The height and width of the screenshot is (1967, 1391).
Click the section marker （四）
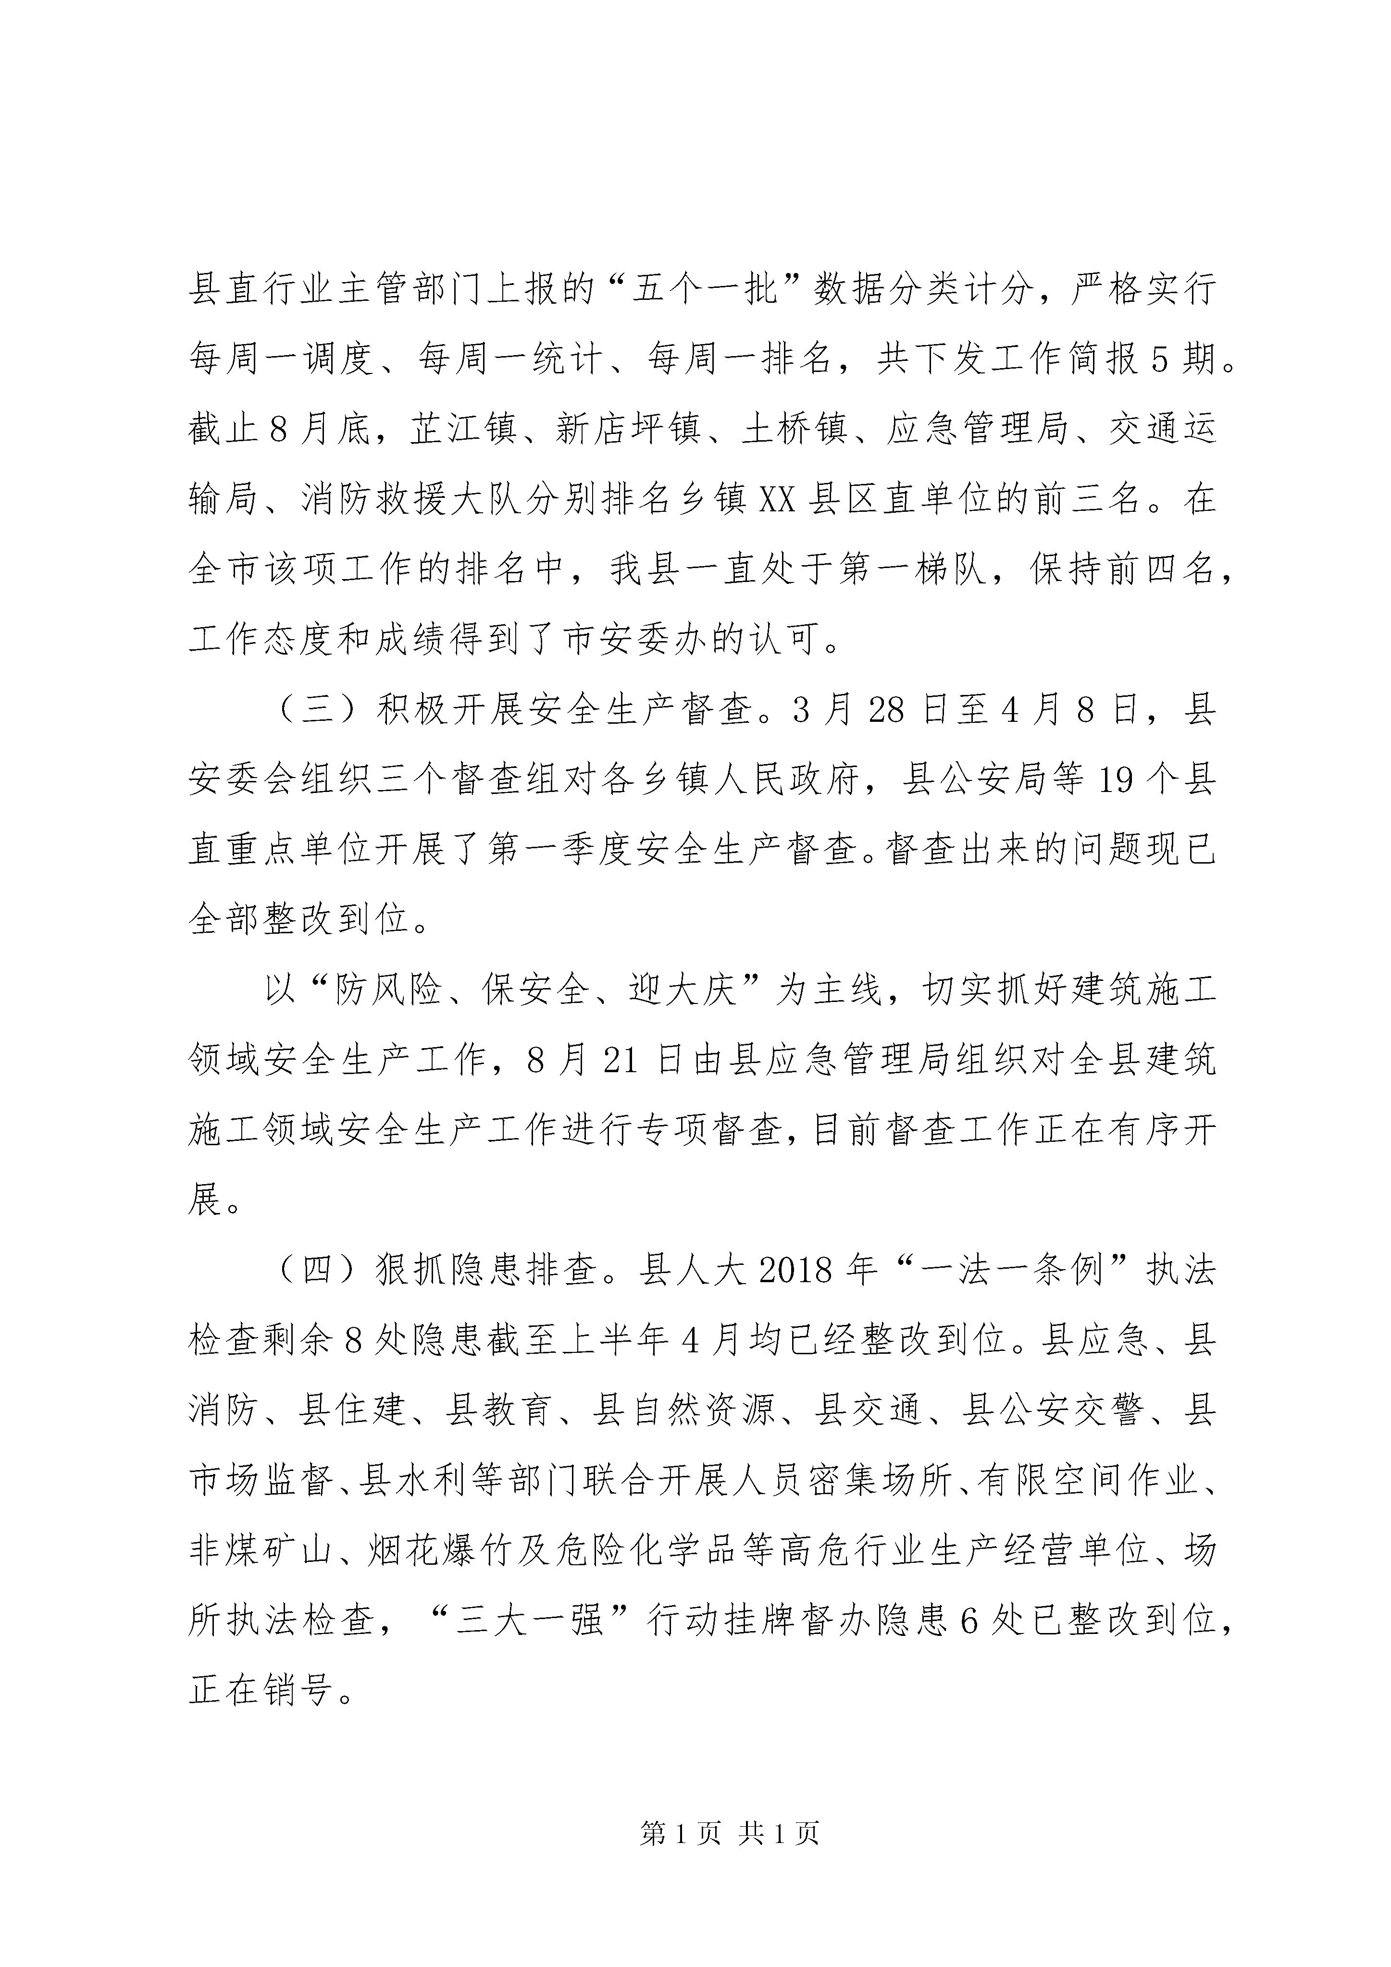point(318,1271)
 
